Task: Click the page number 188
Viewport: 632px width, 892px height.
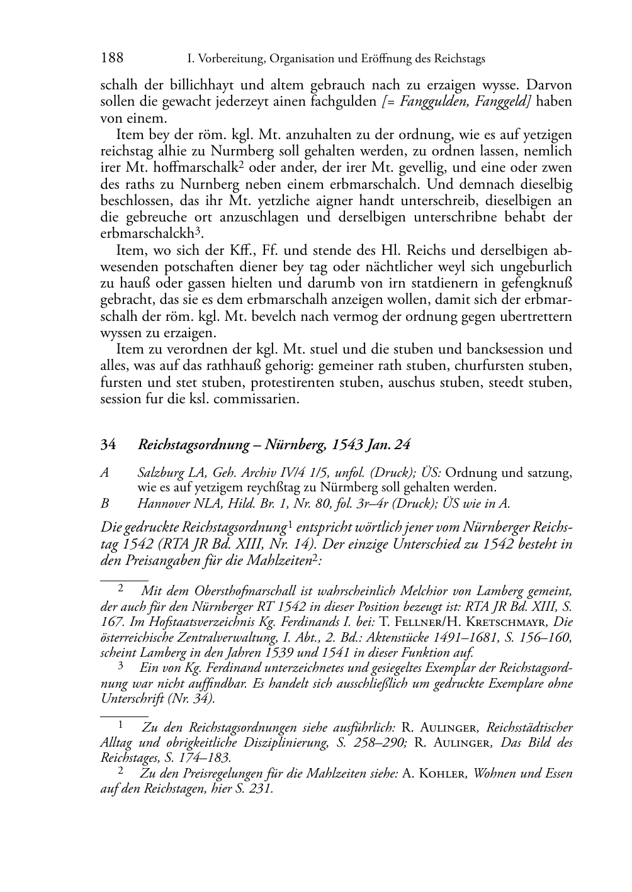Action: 111,59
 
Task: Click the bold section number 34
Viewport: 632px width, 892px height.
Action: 108,445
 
